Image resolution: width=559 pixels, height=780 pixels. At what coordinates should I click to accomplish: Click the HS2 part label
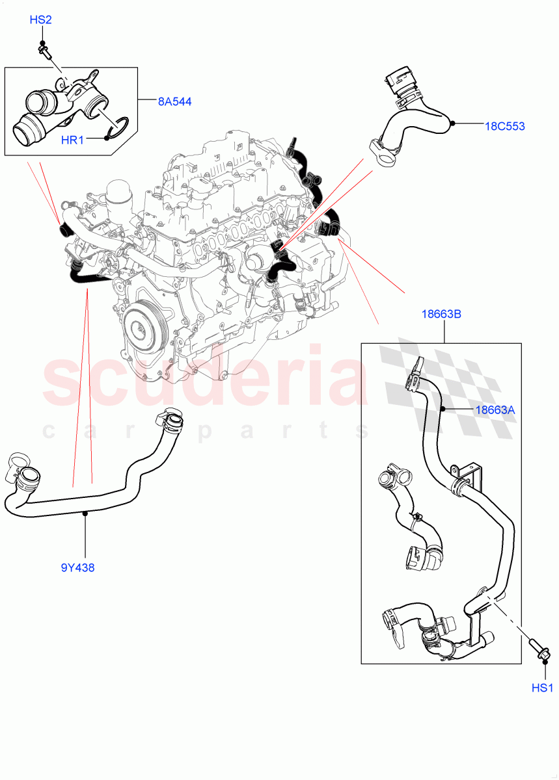[x=40, y=20]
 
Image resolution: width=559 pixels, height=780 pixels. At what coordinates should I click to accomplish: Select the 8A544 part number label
[x=174, y=101]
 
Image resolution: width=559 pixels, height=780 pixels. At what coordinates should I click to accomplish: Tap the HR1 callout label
[x=74, y=138]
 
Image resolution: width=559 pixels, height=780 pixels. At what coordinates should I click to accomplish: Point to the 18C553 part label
[x=504, y=126]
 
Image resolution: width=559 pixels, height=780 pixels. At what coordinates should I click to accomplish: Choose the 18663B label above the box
[x=443, y=314]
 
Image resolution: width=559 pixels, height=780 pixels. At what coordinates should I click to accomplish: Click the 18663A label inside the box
[x=495, y=409]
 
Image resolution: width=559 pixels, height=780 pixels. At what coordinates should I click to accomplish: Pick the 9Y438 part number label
[x=77, y=567]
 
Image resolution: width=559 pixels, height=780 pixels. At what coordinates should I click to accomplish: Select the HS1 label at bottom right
[x=541, y=688]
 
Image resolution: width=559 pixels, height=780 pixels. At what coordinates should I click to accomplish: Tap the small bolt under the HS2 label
[x=44, y=49]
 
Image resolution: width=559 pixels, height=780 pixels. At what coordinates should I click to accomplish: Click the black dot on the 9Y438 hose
[x=85, y=513]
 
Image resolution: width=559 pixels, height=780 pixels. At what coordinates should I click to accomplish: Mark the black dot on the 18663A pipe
[x=442, y=409]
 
